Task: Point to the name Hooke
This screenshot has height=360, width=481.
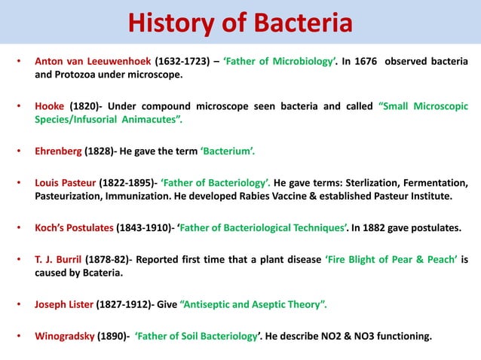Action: (51, 106)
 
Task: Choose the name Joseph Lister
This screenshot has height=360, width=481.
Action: (63, 305)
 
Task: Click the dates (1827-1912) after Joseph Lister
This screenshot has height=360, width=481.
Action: (121, 305)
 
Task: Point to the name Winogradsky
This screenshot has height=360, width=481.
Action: (65, 337)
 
